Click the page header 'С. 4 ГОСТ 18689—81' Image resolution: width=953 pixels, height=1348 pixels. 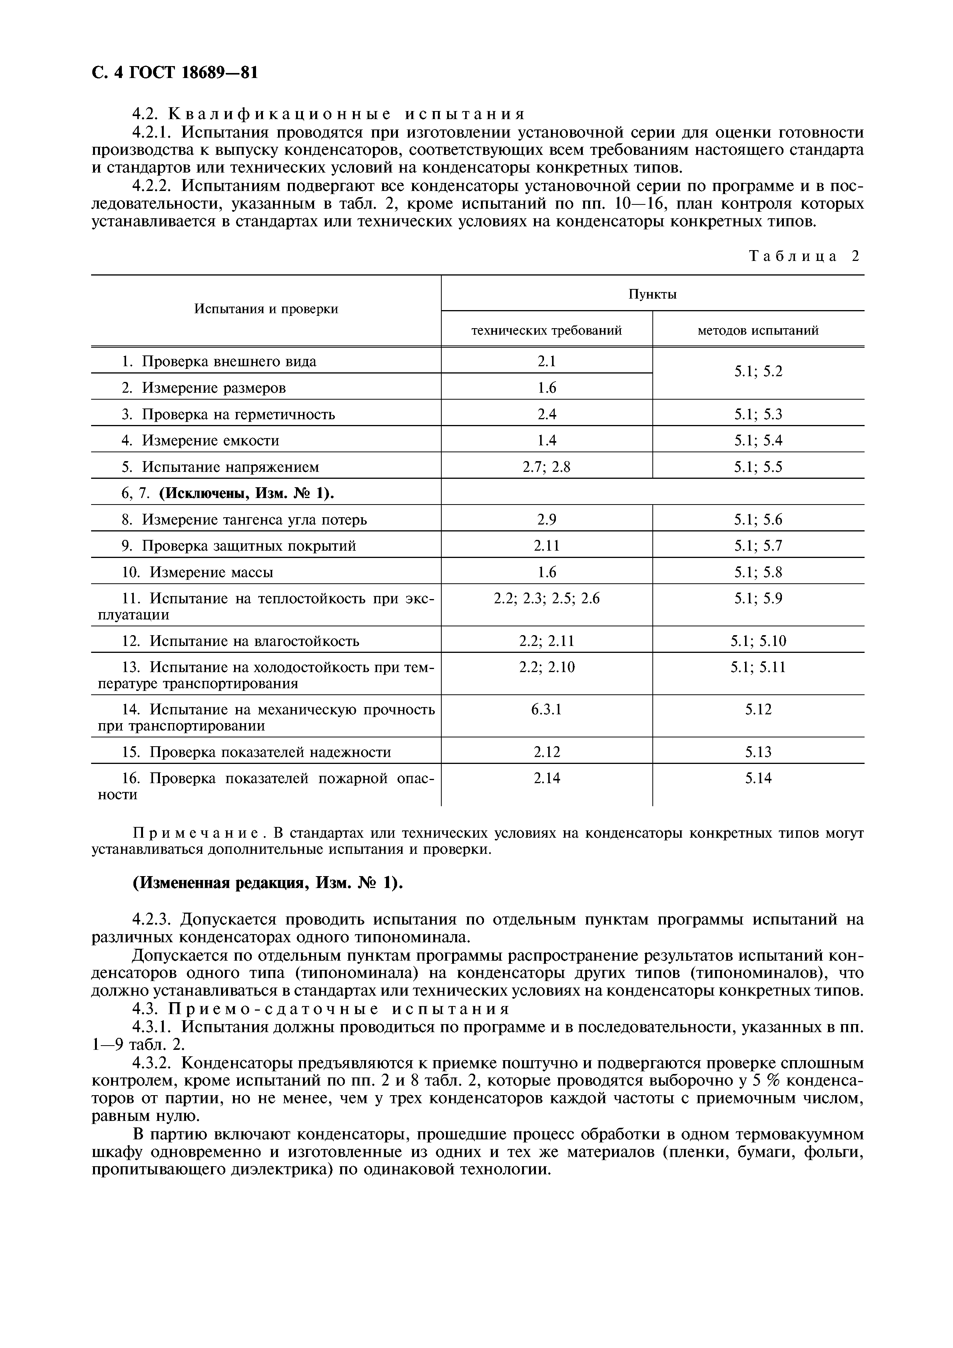point(175,72)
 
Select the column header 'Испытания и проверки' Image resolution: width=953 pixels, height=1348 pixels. point(266,309)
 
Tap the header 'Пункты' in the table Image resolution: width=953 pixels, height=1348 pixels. point(652,294)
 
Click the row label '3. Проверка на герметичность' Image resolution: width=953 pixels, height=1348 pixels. point(228,415)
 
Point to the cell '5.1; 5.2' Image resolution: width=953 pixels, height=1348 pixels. point(758,372)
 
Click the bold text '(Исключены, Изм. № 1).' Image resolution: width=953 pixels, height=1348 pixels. point(246,493)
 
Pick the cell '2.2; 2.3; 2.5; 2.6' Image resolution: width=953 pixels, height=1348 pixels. point(547,598)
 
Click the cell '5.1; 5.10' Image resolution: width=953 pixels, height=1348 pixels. point(758,641)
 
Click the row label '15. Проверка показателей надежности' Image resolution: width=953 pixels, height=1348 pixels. point(256,752)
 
